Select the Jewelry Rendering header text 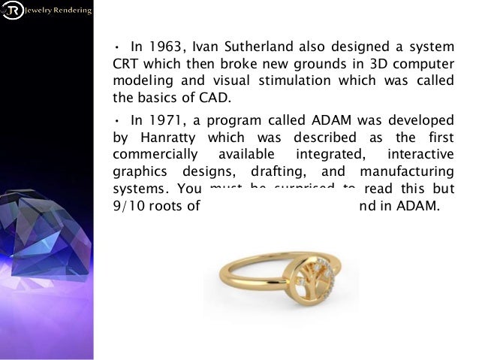(59, 11)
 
